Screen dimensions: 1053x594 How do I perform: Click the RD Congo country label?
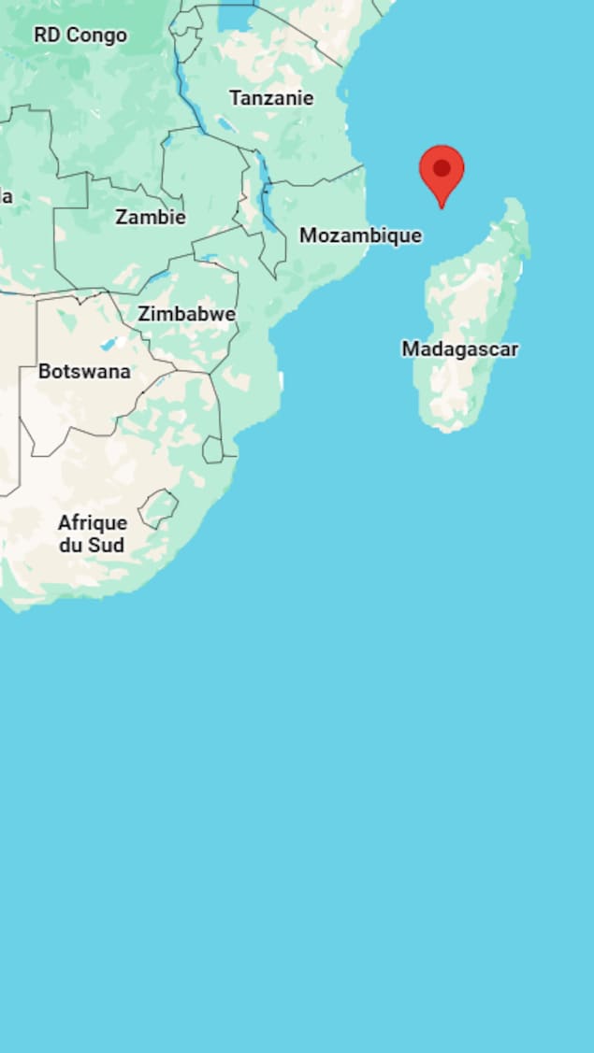point(80,36)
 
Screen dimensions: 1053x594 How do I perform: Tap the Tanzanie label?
point(271,98)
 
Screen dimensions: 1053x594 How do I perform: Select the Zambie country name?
point(151,218)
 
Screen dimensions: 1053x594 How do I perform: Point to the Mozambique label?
point(360,236)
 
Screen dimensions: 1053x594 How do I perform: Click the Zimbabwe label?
point(186,315)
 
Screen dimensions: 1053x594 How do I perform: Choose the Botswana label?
point(84,372)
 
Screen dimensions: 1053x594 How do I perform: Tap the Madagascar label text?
point(459,349)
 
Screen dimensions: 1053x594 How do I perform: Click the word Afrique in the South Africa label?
point(93,523)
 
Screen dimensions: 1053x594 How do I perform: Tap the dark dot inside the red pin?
point(442,168)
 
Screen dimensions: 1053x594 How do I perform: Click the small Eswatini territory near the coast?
point(213,450)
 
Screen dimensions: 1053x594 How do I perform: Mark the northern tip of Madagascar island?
point(513,201)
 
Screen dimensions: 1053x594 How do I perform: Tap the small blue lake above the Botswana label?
point(109,344)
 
